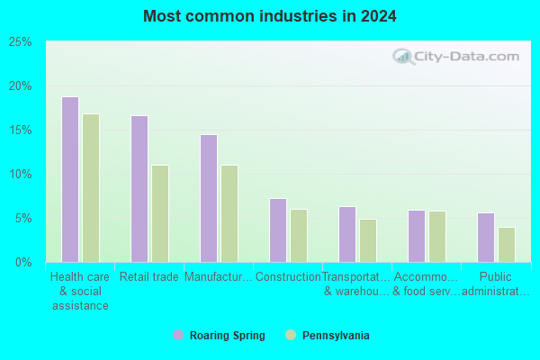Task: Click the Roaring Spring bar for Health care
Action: coord(70,179)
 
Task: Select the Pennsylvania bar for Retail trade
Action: coord(160,213)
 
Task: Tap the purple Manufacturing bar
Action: coord(209,198)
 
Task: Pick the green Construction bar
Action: coord(299,236)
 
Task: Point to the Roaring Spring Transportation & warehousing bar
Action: coord(347,234)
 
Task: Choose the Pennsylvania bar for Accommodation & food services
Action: coord(437,237)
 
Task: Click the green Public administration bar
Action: coord(507,245)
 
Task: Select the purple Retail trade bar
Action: coord(139,189)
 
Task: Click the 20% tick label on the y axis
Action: coord(21,86)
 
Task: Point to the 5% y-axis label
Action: coord(23,219)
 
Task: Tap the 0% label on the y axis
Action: coord(23,263)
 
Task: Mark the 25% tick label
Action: coord(21,42)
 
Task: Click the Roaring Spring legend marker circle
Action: coord(178,335)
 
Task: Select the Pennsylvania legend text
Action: coord(336,335)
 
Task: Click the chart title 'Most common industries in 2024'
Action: coord(270,16)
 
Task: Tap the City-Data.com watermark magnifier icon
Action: coord(403,57)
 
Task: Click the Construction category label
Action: coord(288,276)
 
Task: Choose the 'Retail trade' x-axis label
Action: coord(149,276)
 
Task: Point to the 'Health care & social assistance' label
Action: coord(80,291)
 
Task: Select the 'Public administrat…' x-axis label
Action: coord(496,283)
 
